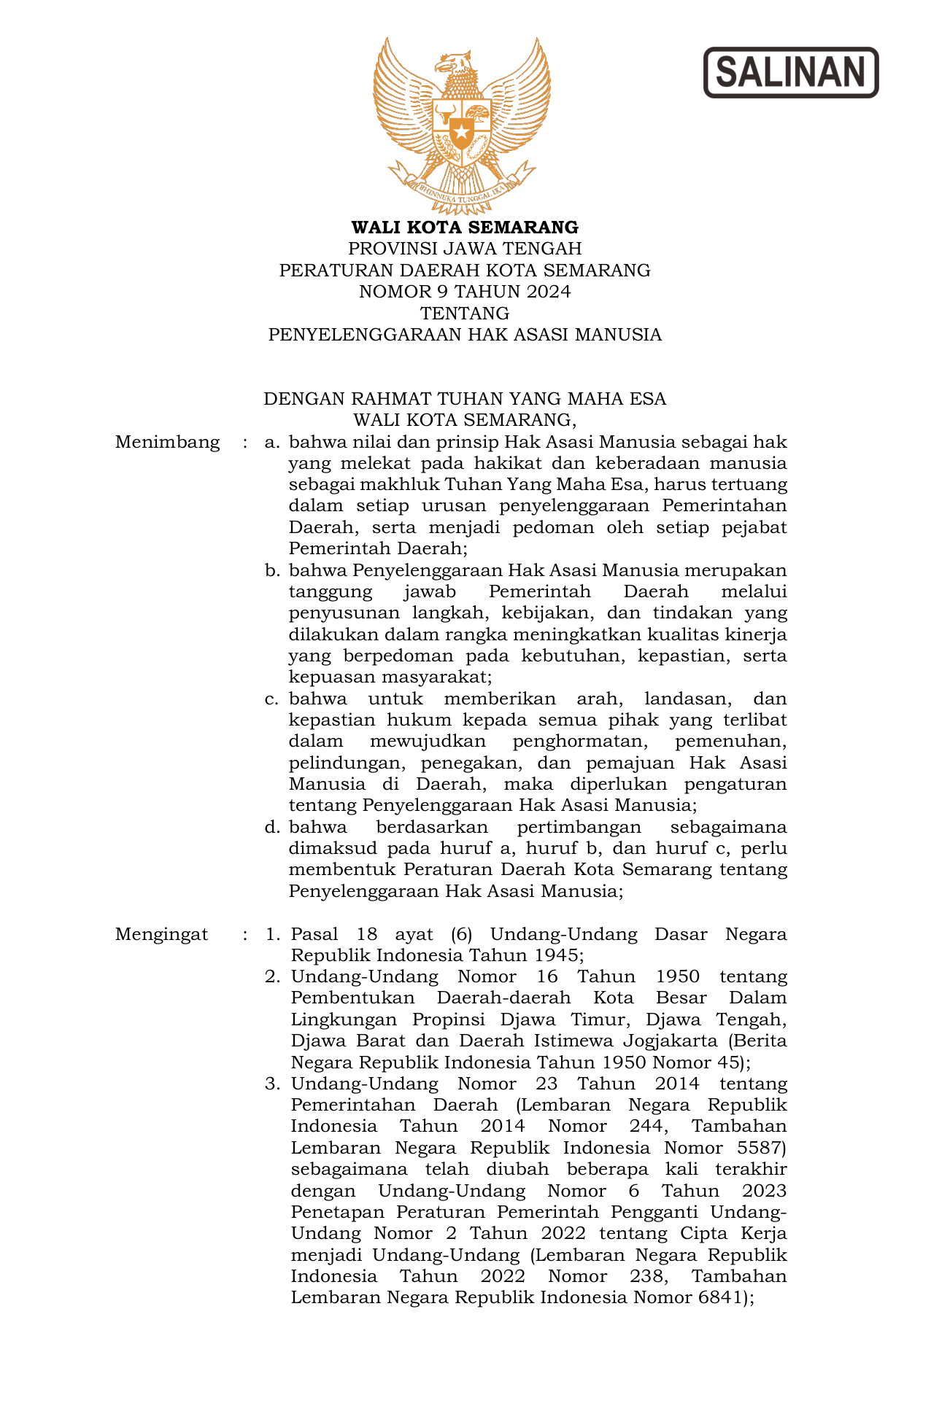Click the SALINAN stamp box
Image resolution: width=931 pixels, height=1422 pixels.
pyautogui.click(x=791, y=72)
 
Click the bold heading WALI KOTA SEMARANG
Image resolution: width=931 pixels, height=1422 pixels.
pyautogui.click(x=465, y=228)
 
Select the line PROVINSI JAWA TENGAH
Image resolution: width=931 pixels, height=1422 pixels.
pyautogui.click(x=465, y=249)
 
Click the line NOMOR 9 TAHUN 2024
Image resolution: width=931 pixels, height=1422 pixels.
pyautogui.click(x=465, y=292)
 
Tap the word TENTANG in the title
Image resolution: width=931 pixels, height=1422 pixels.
pyautogui.click(x=465, y=314)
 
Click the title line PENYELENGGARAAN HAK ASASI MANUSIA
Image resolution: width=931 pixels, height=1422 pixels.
pyautogui.click(x=465, y=335)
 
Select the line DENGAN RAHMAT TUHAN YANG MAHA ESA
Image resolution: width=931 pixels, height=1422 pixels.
pyautogui.click(x=465, y=399)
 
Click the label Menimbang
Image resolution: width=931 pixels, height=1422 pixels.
pyautogui.click(x=167, y=442)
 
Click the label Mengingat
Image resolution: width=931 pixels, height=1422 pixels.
pyautogui.click(x=161, y=934)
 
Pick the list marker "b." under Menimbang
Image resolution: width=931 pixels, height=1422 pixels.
pyautogui.click(x=272, y=570)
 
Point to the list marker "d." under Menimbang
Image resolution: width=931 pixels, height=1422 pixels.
pyautogui.click(x=272, y=827)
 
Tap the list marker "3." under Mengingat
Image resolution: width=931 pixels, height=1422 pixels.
pyautogui.click(x=272, y=1084)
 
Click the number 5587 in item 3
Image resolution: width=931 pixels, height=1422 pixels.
pyautogui.click(x=761, y=1148)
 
